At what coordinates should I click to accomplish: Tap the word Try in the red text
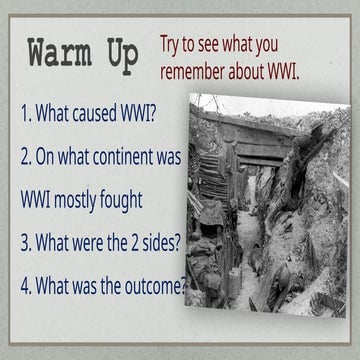pyautogui.click(x=172, y=44)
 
